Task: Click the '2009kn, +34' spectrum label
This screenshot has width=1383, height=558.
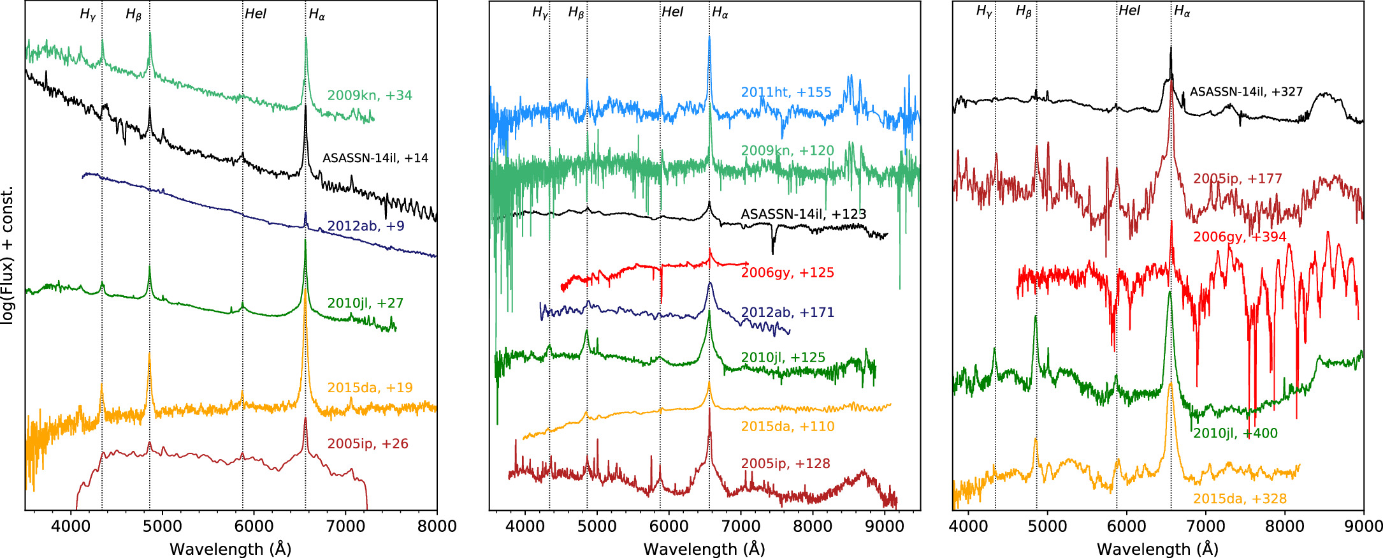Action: tap(370, 96)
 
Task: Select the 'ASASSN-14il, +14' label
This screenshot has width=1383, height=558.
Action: tap(375, 158)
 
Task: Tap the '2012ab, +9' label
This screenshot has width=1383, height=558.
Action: tap(366, 226)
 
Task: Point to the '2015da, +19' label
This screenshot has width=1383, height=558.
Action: tap(370, 388)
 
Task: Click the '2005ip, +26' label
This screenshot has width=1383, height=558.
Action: tap(368, 444)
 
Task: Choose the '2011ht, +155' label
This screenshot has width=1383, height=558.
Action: tap(786, 92)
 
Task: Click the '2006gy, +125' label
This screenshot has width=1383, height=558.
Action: tap(787, 273)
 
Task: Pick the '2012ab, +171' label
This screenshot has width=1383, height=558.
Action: tap(787, 312)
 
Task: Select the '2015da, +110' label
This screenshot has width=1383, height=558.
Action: tap(787, 427)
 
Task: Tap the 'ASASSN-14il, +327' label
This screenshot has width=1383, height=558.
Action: tap(1246, 92)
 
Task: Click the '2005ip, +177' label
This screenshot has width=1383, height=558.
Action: tap(1238, 179)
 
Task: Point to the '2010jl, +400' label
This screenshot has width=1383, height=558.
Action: tap(1235, 434)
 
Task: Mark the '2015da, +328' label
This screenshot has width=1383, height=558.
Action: tap(1240, 499)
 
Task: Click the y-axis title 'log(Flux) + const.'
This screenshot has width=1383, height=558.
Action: tap(8, 256)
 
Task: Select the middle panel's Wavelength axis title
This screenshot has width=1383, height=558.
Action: tap(704, 549)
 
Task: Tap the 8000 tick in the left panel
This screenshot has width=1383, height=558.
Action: tap(437, 527)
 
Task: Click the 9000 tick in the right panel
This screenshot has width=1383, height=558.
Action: tap(1363, 527)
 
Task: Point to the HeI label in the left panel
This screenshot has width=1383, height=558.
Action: tap(256, 14)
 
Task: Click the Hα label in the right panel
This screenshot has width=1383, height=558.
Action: tap(1182, 11)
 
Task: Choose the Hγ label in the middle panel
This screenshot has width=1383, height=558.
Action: tap(540, 13)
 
